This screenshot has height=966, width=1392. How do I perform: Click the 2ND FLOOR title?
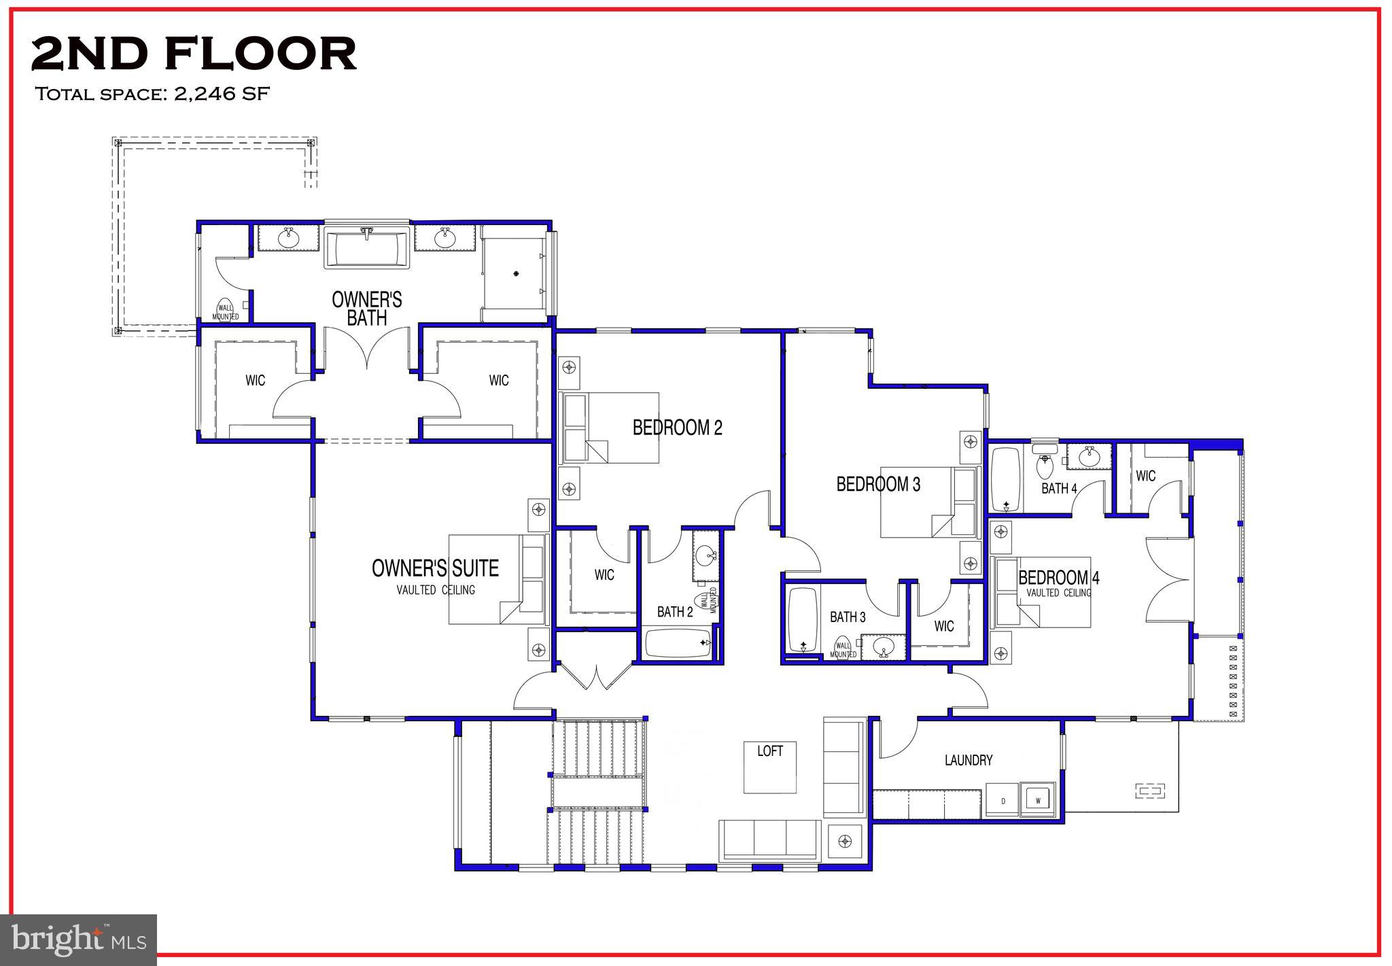coord(194,54)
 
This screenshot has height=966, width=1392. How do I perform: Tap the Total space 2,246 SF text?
coord(152,94)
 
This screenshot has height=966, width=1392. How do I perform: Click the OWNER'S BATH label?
coord(366,309)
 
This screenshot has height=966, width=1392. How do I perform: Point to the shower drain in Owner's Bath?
coord(517,273)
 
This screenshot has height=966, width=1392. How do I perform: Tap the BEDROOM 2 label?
coord(677,428)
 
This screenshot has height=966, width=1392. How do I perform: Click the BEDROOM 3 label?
coord(878,484)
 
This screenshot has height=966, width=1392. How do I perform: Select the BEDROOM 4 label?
coord(1058,578)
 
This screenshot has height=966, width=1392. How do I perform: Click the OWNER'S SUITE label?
coord(435,568)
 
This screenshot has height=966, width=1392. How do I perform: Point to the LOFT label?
coord(769,751)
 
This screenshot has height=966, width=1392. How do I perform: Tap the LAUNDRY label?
coord(968,760)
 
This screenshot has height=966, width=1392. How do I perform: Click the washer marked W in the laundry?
coord(1038,801)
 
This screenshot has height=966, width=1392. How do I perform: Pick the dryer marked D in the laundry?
coord(1003,801)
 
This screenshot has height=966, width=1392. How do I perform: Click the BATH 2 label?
coord(674,612)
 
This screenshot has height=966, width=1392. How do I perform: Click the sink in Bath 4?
coord(1088,456)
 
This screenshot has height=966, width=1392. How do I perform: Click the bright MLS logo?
coord(79,940)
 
